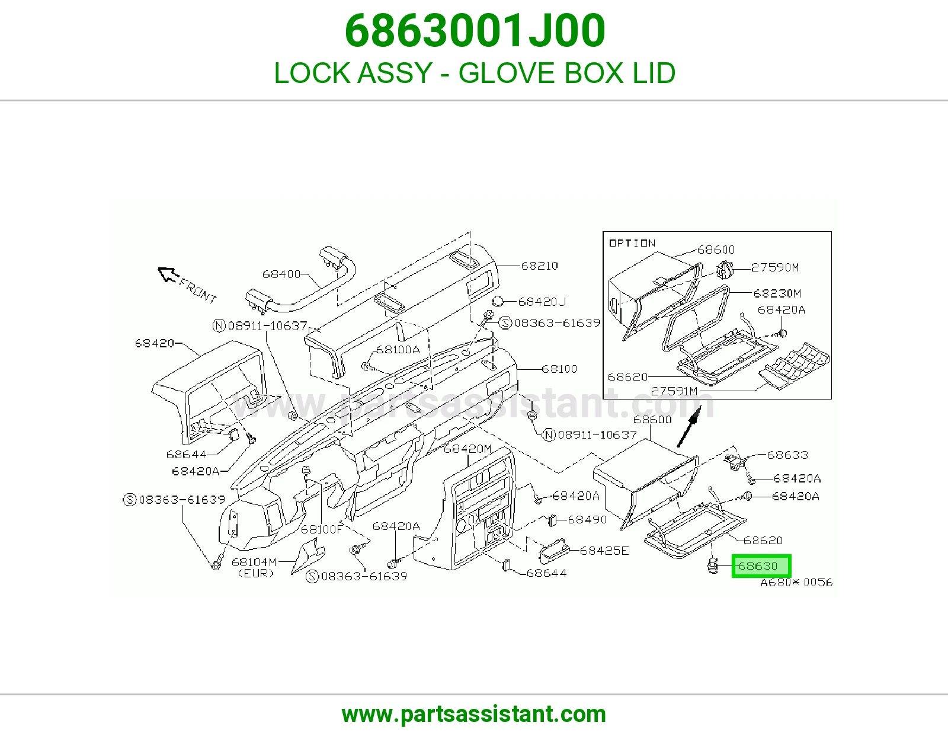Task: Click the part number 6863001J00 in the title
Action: click(475, 31)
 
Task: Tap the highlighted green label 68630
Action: click(761, 566)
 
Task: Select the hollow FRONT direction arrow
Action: click(168, 274)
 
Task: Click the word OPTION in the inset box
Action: click(632, 243)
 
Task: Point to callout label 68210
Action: click(540, 266)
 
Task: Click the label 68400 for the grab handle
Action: click(281, 274)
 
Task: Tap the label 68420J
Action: click(542, 302)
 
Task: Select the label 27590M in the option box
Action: click(775, 267)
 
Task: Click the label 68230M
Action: click(777, 293)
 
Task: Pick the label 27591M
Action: click(674, 391)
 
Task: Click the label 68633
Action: click(787, 455)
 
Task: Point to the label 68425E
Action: click(604, 551)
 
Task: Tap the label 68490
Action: click(588, 520)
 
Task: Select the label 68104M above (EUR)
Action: click(254, 562)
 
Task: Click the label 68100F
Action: click(322, 529)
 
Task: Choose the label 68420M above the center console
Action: click(467, 449)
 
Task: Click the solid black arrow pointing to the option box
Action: click(689, 427)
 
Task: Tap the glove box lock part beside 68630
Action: click(712, 565)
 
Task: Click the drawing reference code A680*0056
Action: click(797, 583)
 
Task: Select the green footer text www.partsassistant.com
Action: click(474, 714)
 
